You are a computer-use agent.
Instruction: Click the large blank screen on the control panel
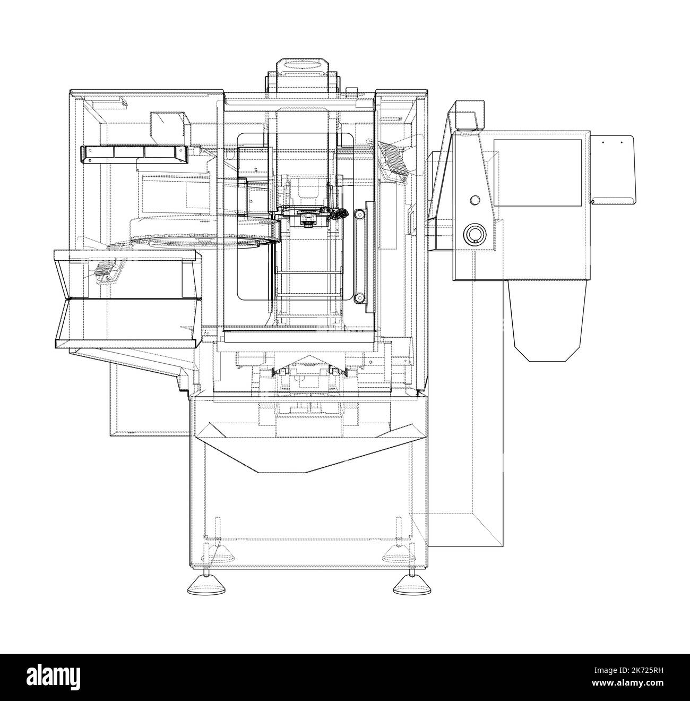click(538, 173)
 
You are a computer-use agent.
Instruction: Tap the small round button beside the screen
click(475, 200)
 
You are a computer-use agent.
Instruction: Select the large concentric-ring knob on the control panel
click(474, 234)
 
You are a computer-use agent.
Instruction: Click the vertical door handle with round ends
click(360, 255)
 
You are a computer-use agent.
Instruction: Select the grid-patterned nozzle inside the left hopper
click(107, 271)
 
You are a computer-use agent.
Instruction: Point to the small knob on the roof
click(350, 89)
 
